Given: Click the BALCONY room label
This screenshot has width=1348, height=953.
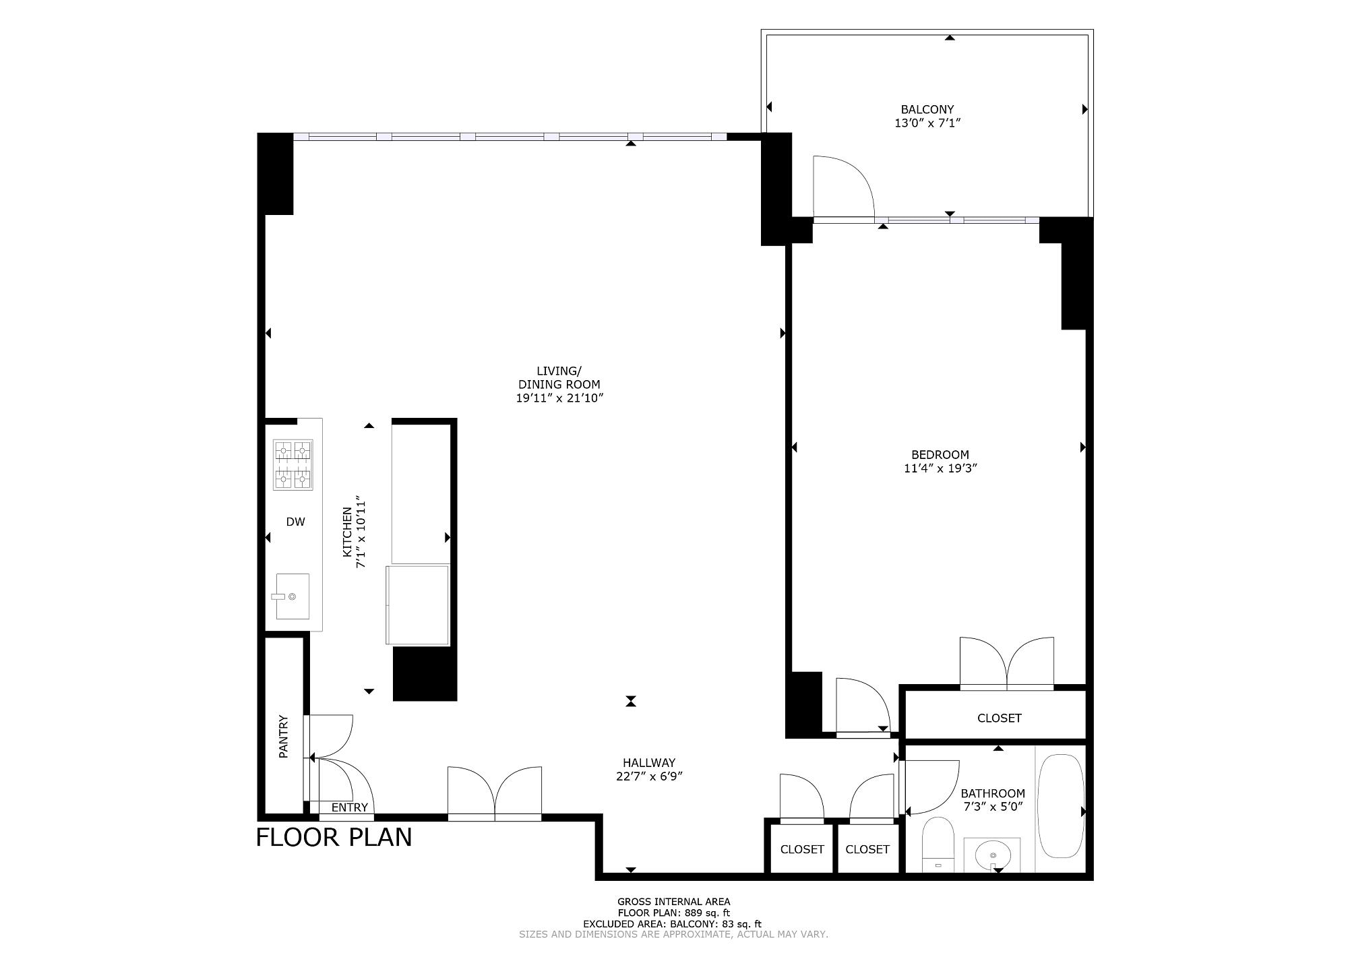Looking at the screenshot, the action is [927, 109].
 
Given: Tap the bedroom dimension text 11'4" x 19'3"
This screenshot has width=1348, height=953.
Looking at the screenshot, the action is [940, 468].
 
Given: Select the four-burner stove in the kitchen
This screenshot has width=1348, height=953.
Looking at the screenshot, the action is [293, 464].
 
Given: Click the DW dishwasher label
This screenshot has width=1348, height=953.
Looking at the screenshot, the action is [295, 522].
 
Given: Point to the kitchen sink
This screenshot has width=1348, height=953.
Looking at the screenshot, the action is [293, 596].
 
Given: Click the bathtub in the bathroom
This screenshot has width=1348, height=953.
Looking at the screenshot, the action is [1061, 806].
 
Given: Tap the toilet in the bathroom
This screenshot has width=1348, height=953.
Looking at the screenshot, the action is [937, 845].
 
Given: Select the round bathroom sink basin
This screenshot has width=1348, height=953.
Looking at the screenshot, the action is [993, 855].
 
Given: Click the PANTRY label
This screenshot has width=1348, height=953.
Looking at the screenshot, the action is [283, 737].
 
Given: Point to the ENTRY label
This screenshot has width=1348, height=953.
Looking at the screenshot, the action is [350, 807].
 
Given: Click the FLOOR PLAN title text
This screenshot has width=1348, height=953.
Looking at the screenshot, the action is [334, 837].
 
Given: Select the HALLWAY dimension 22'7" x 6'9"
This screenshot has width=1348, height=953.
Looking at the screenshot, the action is [649, 776].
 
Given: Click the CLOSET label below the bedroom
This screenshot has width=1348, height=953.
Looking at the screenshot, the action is [1000, 718].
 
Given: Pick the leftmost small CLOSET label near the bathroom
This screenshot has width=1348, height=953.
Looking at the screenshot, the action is [802, 849].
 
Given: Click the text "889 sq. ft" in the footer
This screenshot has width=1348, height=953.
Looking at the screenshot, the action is [703, 913].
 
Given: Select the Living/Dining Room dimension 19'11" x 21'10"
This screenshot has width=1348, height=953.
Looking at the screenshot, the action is [559, 398].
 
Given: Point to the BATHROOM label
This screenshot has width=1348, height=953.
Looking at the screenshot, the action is [993, 794].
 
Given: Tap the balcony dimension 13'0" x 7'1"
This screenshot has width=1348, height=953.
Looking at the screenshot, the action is [927, 123].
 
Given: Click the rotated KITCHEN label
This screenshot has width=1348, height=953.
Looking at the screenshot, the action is [348, 532].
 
